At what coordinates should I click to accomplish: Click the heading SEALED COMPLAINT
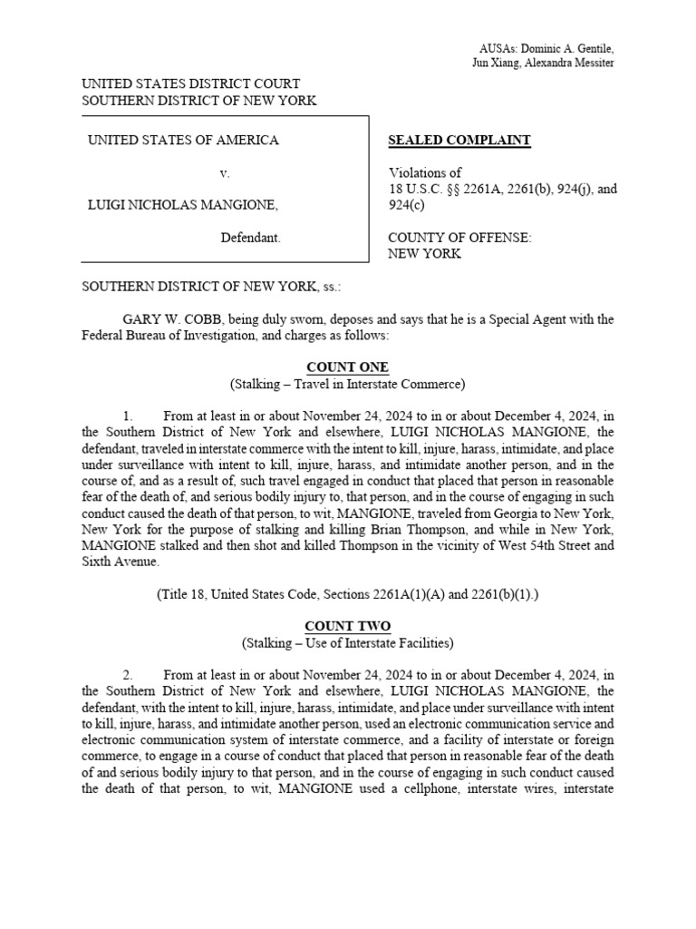point(459,141)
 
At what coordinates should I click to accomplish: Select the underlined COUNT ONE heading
point(348,367)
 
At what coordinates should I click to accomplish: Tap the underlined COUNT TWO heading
point(348,627)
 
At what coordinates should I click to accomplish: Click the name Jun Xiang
point(498,63)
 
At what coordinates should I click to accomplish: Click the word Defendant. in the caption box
point(251,239)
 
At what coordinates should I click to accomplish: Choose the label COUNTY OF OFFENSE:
point(459,239)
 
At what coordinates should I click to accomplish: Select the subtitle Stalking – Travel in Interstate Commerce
point(348,384)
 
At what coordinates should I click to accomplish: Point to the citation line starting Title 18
point(348,595)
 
